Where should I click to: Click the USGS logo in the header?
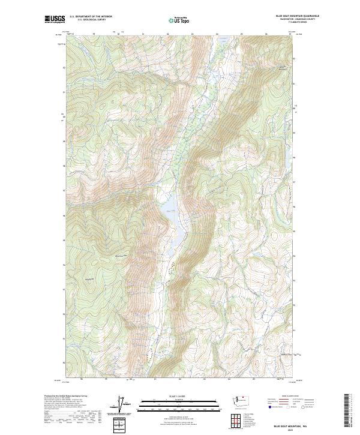[x=55, y=19]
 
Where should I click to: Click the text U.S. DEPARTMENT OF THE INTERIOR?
[x=91, y=16]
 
